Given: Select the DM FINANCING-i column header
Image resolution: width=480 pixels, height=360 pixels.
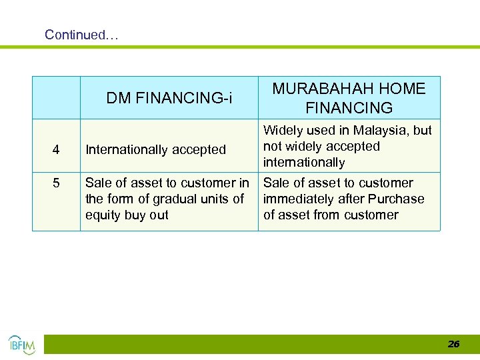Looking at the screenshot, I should (169, 99).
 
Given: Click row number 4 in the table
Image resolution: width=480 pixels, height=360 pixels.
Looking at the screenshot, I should (56, 150).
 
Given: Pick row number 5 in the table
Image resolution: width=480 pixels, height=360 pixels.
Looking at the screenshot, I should (56, 183).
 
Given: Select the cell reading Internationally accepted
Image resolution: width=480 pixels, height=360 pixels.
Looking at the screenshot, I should (156, 150).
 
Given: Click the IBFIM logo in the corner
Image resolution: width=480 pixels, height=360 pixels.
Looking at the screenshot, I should (21, 344).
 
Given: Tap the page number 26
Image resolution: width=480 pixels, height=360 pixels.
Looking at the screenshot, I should (453, 344).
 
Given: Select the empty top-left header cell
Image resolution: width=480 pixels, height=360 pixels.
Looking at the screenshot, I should (56, 97).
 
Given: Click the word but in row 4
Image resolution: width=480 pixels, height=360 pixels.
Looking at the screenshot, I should (422, 131).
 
